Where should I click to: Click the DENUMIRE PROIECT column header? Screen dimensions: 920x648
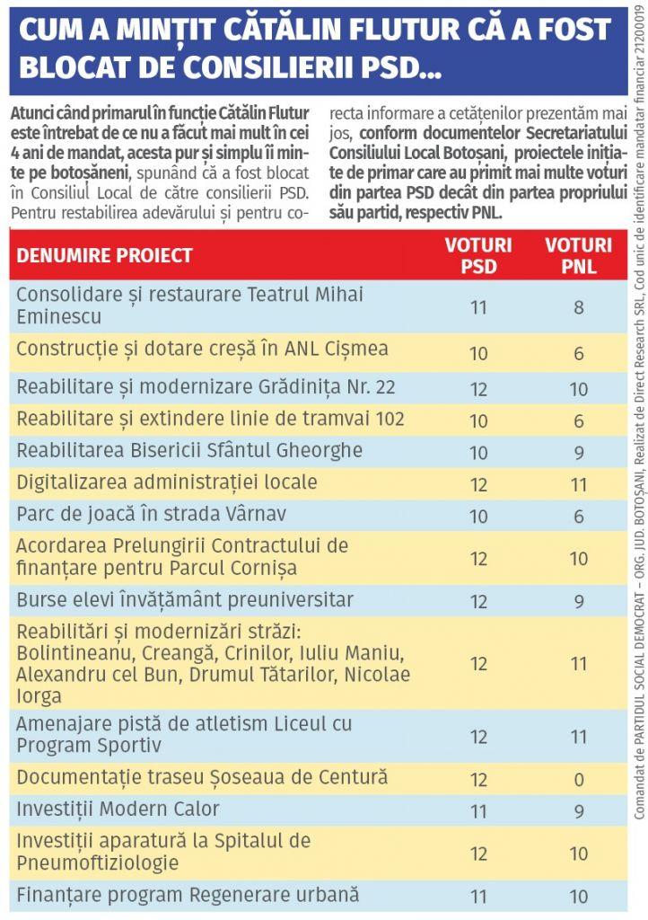tap(104, 255)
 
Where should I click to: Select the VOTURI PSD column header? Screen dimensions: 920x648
tap(478, 255)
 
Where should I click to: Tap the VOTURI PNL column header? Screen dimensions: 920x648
tap(579, 255)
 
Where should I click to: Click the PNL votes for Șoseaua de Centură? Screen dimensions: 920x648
tap(579, 778)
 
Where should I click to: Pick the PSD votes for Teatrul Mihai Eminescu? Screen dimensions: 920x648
tap(478, 307)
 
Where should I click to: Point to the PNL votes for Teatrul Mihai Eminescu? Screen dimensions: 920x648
tap(579, 307)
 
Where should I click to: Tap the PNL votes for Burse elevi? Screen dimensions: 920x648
tap(579, 601)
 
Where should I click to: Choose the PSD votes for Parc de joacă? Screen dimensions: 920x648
tap(478, 517)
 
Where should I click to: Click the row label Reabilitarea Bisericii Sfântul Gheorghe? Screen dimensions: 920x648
tap(189, 450)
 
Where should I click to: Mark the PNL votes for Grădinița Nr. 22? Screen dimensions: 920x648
tap(579, 389)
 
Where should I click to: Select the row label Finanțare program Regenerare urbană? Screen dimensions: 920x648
tap(188, 895)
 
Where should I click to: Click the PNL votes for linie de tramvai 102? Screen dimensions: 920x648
tap(579, 420)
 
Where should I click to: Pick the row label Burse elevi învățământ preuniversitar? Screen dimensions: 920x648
tap(185, 599)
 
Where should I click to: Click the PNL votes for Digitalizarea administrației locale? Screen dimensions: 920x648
tap(579, 485)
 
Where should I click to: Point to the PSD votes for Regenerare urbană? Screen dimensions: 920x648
tap(478, 897)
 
